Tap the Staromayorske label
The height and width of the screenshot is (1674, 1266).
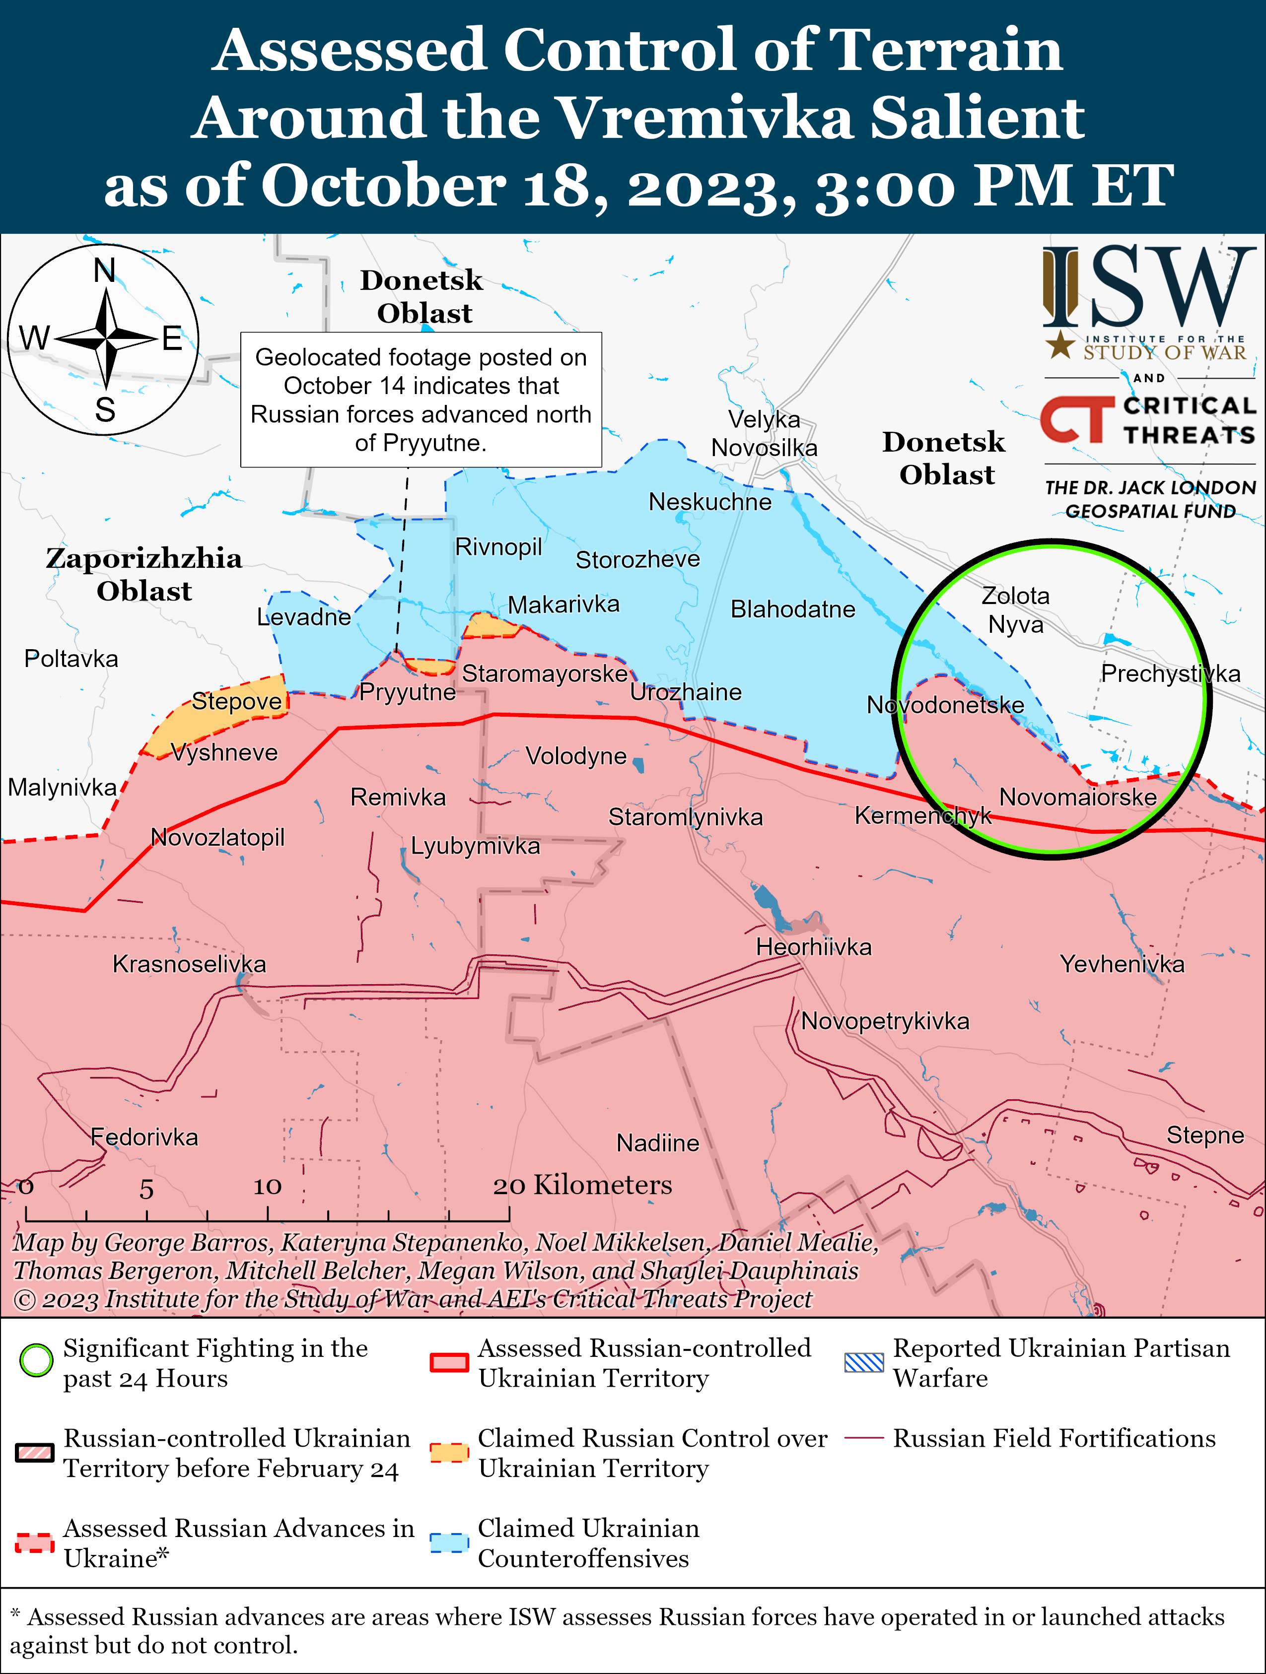pyautogui.click(x=545, y=673)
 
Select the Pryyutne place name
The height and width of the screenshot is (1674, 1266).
pyautogui.click(x=408, y=692)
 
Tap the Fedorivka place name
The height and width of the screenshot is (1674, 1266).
pyautogui.click(x=144, y=1137)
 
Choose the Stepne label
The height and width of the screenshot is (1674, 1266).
pyautogui.click(x=1204, y=1135)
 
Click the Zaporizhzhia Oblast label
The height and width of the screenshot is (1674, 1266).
pyautogui.click(x=144, y=574)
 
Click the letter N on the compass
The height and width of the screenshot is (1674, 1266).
pyautogui.click(x=104, y=270)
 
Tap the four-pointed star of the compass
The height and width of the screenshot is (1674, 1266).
pyautogui.click(x=107, y=338)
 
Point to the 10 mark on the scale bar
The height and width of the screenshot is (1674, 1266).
pyautogui.click(x=267, y=1187)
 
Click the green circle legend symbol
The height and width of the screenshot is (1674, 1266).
pyautogui.click(x=36, y=1360)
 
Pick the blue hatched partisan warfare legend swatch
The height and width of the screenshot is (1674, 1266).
pyautogui.click(x=863, y=1362)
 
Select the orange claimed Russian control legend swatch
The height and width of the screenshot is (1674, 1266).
pyautogui.click(x=449, y=1452)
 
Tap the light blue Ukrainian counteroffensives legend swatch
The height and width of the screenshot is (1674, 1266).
pyautogui.click(x=449, y=1542)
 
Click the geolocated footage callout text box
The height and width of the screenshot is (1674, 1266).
pyautogui.click(x=421, y=400)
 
